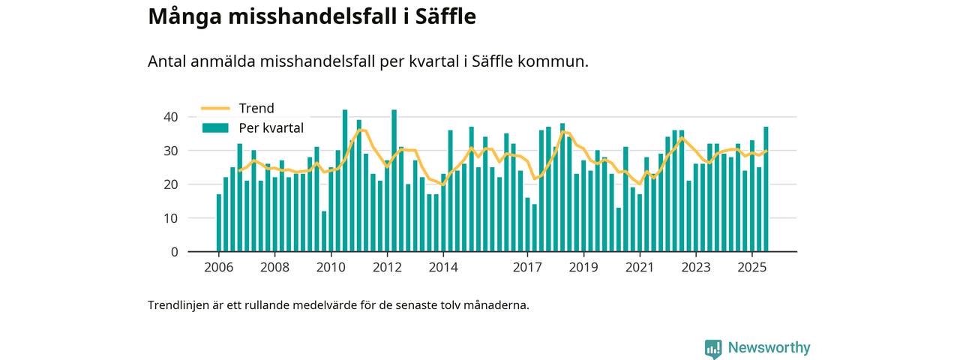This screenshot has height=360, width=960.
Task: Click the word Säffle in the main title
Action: (439, 16)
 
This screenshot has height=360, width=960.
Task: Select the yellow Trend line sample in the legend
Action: (214, 108)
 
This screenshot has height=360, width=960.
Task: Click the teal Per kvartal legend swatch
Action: (214, 128)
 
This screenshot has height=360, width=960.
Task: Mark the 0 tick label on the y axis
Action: (174, 252)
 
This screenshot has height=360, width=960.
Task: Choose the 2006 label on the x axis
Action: (218, 268)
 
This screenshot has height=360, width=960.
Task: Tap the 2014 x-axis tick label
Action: (443, 268)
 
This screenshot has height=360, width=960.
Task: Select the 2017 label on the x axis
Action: (528, 268)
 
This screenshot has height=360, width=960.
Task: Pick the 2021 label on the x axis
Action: (640, 268)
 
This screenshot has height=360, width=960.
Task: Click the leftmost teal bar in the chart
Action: (219, 223)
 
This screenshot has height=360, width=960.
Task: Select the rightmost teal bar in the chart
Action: (766, 189)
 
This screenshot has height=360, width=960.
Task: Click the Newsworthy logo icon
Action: (713, 349)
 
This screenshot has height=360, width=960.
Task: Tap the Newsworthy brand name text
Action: (769, 348)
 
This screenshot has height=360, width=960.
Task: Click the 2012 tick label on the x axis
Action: (387, 268)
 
